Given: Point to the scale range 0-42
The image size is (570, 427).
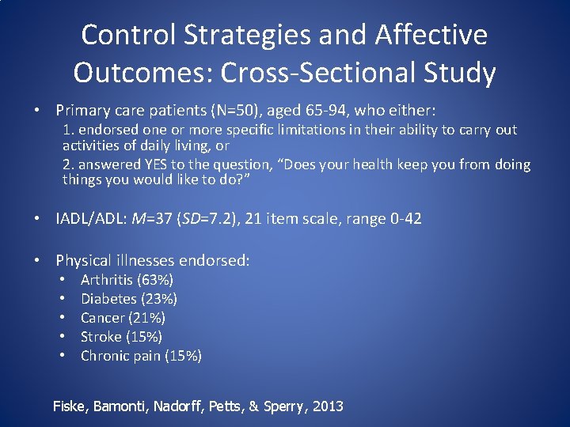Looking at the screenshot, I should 404,218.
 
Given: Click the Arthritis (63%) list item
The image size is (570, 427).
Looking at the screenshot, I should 127,280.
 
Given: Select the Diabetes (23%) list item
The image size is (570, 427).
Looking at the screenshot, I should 129,299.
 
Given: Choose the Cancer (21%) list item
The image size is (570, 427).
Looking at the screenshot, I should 123,318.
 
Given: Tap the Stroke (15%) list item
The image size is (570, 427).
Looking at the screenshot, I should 121,337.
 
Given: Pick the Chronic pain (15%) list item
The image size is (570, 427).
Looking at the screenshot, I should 141,356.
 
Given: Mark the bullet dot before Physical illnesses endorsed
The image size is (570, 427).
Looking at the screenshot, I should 37,260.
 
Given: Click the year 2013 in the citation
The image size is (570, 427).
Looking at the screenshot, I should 328,406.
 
